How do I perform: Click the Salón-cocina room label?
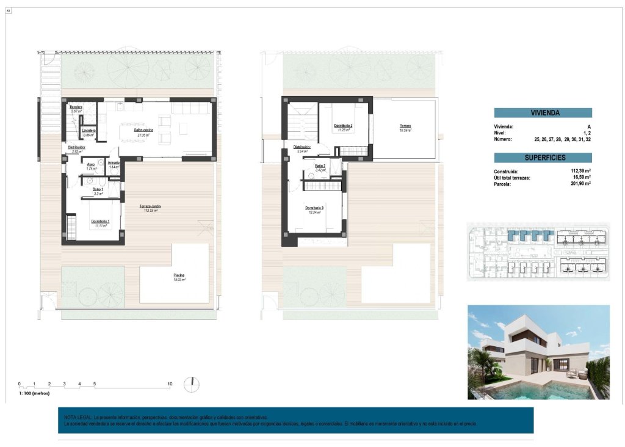pyautogui.click(x=144, y=131)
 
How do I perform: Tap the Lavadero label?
pyautogui.click(x=88, y=131)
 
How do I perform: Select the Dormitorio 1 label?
pyautogui.click(x=100, y=221)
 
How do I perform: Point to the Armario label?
pyautogui.click(x=114, y=162)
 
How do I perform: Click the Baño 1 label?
pyautogui.click(x=97, y=189)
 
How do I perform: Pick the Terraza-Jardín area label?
pyautogui.click(x=150, y=206)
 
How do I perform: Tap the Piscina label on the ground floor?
pyautogui.click(x=178, y=275)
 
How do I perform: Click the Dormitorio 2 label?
pyautogui.click(x=343, y=127)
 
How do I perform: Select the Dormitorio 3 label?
pyautogui.click(x=314, y=208)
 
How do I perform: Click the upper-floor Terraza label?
pyautogui.click(x=405, y=127)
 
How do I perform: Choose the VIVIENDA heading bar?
pyautogui.click(x=543, y=113)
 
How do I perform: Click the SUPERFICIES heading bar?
pyautogui.click(x=543, y=158)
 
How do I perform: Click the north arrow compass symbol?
pyautogui.click(x=192, y=384)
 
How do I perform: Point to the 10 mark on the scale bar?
pyautogui.click(x=170, y=384)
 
